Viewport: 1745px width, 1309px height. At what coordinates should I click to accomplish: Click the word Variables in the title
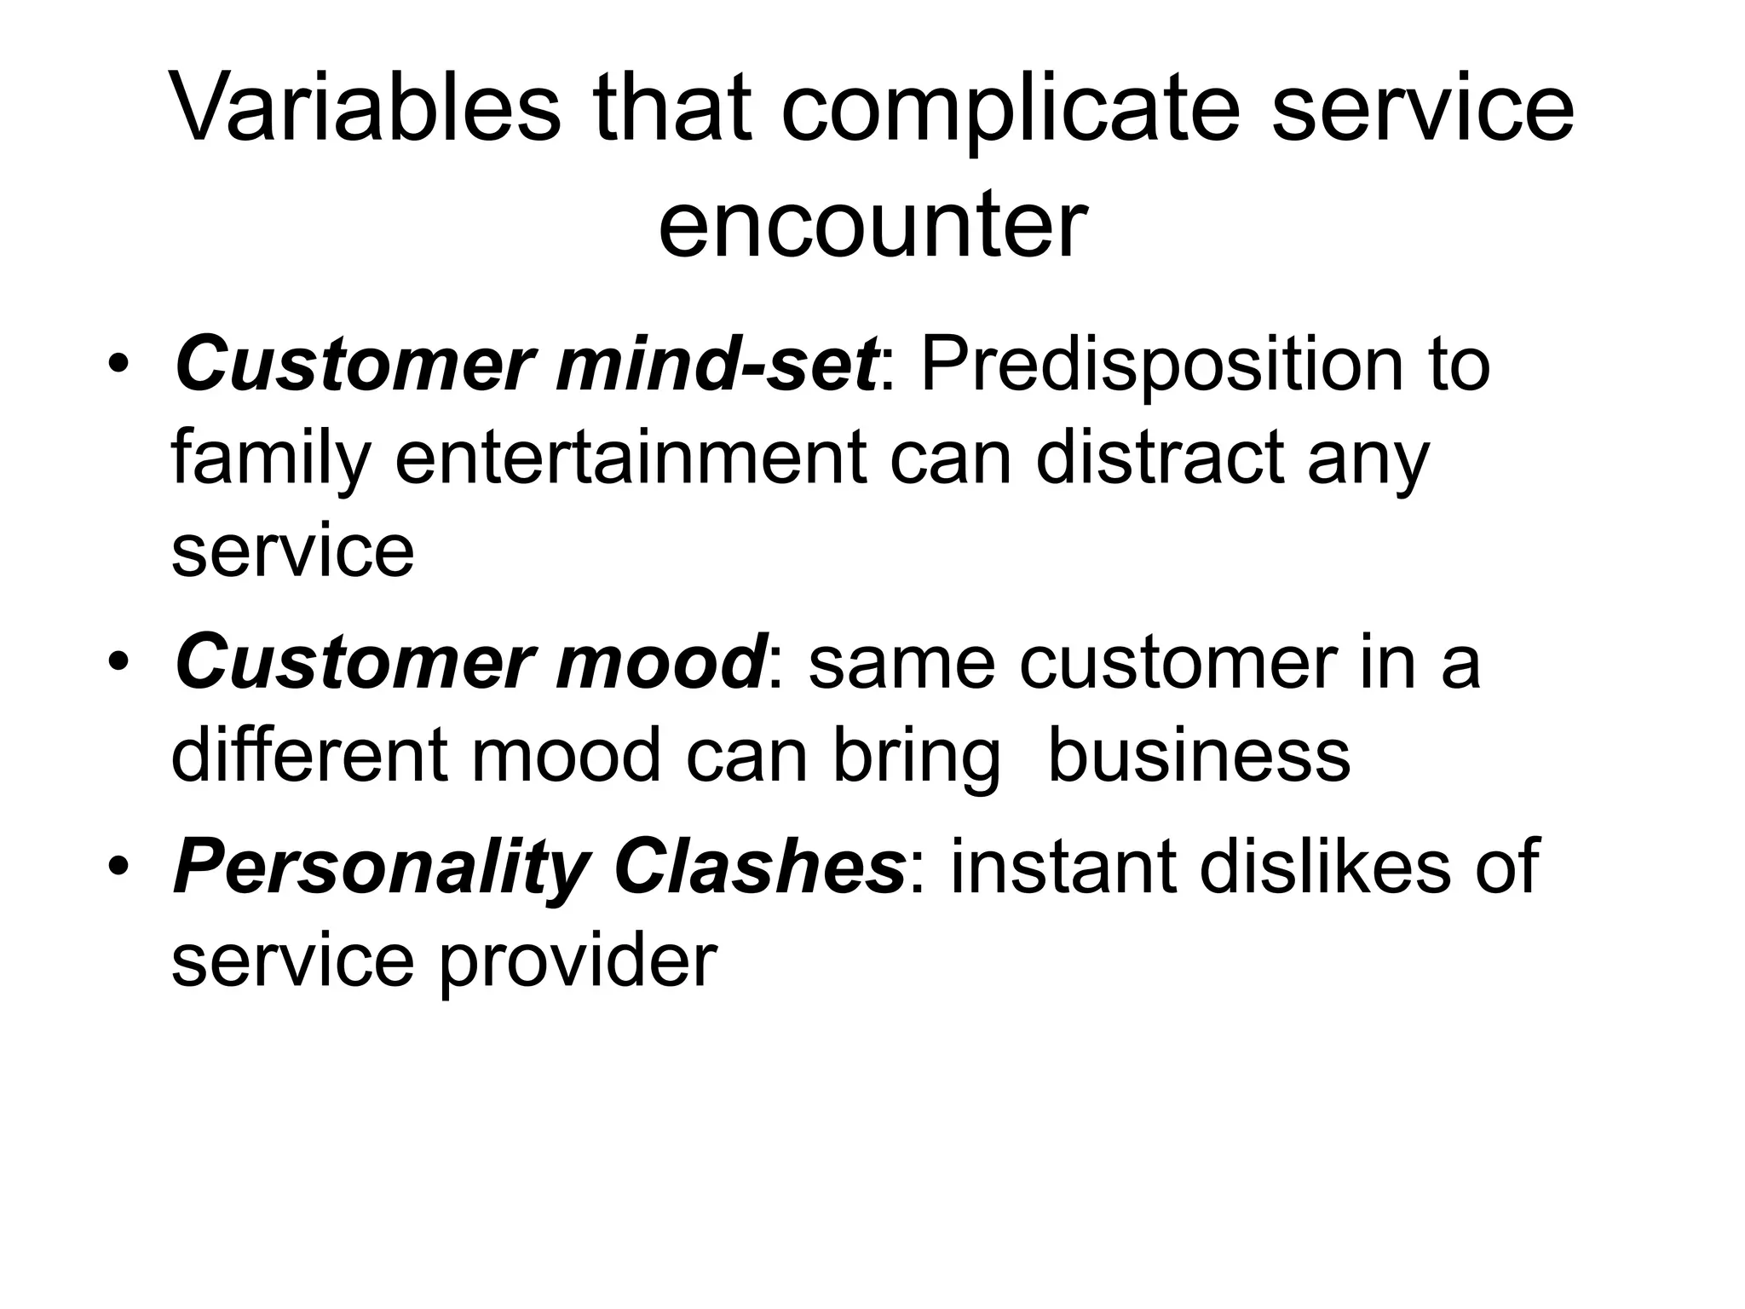366,109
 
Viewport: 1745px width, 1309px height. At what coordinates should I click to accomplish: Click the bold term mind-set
716,365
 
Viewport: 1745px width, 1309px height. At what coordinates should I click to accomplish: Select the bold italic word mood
660,663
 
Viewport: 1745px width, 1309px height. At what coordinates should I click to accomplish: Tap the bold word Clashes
758,868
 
